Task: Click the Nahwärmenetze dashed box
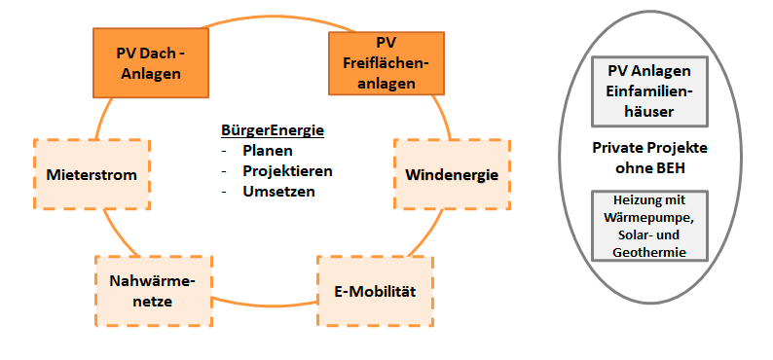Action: (153, 291)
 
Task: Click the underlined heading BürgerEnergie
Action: (272, 130)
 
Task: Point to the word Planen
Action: (268, 151)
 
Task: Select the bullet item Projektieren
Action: (287, 170)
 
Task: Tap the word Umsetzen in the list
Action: (279, 191)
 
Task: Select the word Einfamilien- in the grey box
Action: (648, 91)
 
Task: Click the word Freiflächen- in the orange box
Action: (386, 64)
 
